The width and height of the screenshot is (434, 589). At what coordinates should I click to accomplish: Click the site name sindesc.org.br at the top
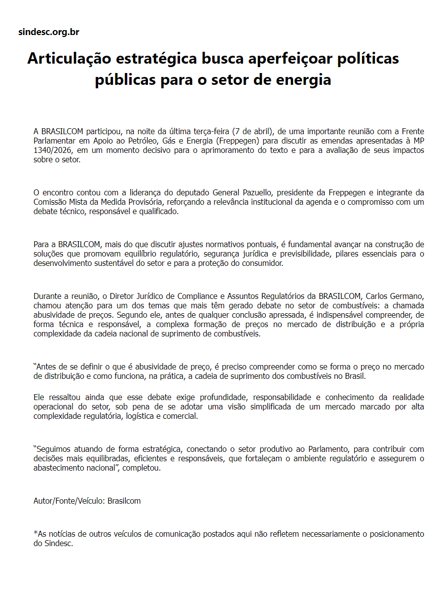pyautogui.click(x=48, y=32)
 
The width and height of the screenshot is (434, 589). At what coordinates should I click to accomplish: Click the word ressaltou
pyautogui.click(x=62, y=397)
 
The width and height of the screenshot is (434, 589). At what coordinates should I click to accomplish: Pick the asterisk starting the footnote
pyautogui.click(x=35, y=533)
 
